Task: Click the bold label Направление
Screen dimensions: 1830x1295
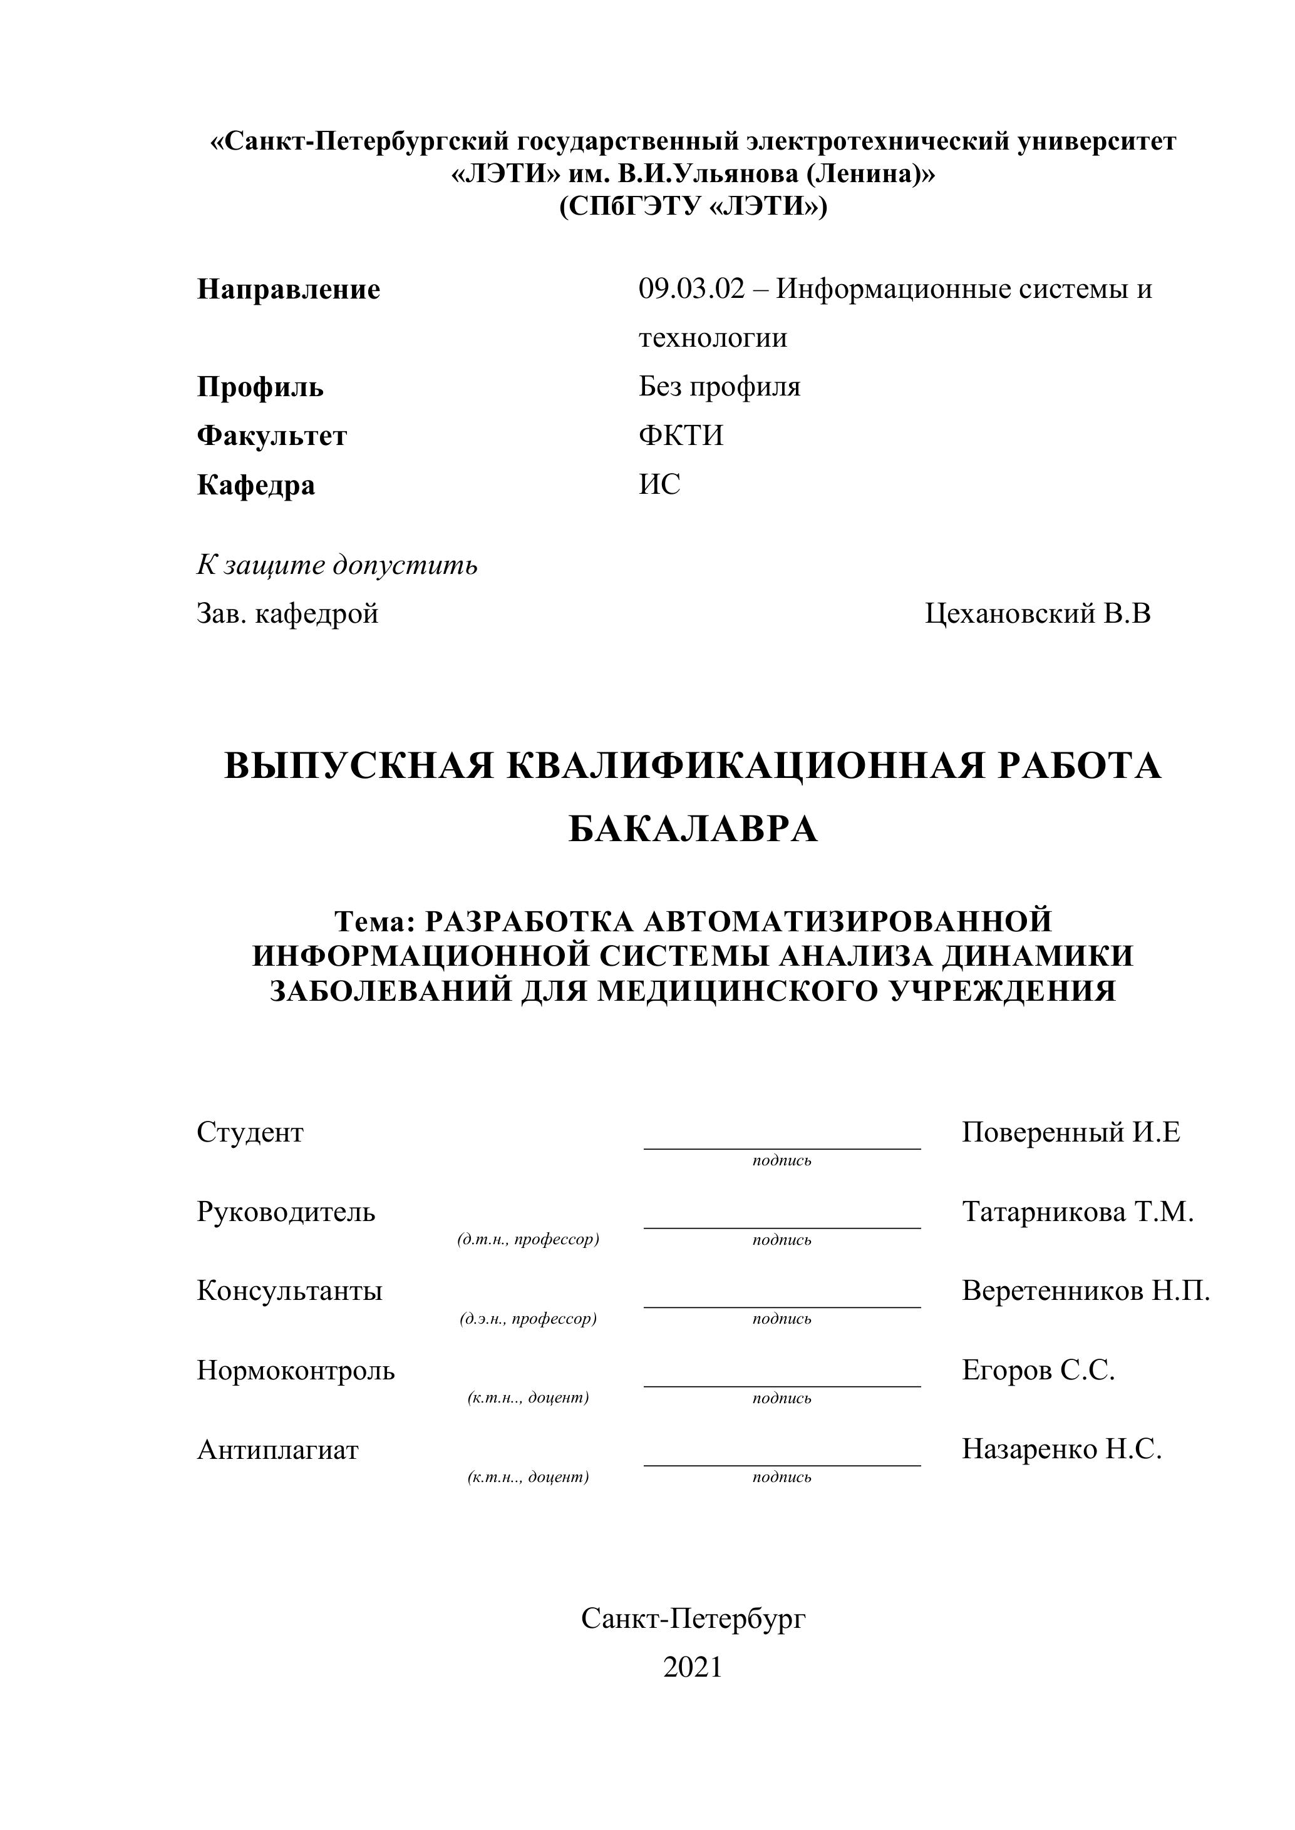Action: coord(288,289)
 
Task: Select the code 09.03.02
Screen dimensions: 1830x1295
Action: coord(691,289)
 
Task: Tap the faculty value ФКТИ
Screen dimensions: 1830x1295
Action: coord(681,436)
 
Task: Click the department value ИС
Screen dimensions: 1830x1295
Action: coord(659,484)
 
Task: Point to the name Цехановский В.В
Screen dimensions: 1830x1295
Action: coord(1038,614)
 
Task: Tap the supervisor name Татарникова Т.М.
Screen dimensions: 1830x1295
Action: coord(1077,1212)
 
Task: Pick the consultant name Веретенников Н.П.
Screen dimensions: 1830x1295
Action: coord(1085,1291)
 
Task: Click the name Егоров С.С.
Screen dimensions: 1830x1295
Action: coord(1038,1370)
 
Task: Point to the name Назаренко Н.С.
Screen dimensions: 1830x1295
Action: coord(1061,1449)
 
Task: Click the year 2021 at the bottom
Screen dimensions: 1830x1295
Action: coord(692,1667)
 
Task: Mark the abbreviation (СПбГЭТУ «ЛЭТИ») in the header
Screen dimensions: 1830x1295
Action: coord(693,207)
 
